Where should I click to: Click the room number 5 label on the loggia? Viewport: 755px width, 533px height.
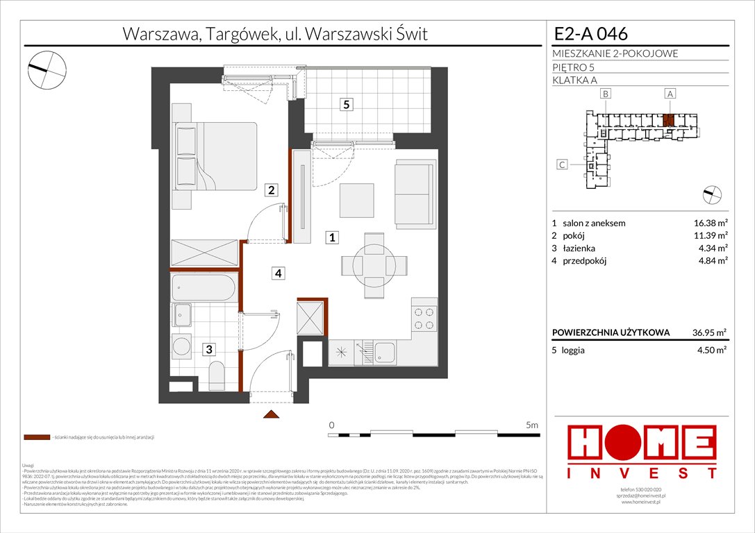pos(346,105)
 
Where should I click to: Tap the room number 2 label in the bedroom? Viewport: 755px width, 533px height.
pos(272,189)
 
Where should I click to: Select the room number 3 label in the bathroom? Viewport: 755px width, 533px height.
pos(209,350)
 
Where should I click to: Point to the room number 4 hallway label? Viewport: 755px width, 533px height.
pos(278,273)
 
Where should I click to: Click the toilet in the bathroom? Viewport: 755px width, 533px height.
pos(216,375)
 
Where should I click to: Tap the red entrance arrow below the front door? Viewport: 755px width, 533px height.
pos(271,415)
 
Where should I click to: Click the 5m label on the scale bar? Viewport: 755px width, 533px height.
pos(533,424)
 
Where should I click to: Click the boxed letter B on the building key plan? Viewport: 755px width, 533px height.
pos(606,94)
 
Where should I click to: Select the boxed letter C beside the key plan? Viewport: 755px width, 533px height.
pos(563,164)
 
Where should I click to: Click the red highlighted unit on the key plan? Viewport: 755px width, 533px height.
pos(668,120)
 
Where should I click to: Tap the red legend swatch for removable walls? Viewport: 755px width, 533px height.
pos(36,438)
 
